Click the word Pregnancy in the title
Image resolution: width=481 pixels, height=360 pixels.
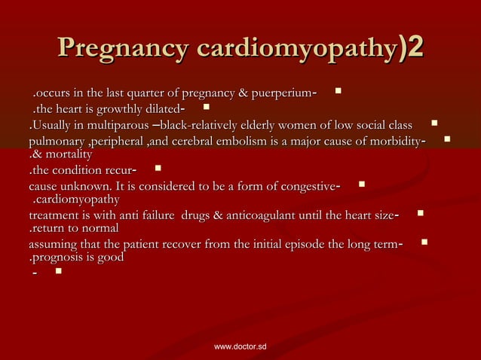[x=121, y=50]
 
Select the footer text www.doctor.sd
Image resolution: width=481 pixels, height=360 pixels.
[x=240, y=347]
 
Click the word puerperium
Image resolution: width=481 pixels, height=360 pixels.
[x=284, y=93]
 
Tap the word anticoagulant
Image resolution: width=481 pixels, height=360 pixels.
[x=256, y=216]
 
